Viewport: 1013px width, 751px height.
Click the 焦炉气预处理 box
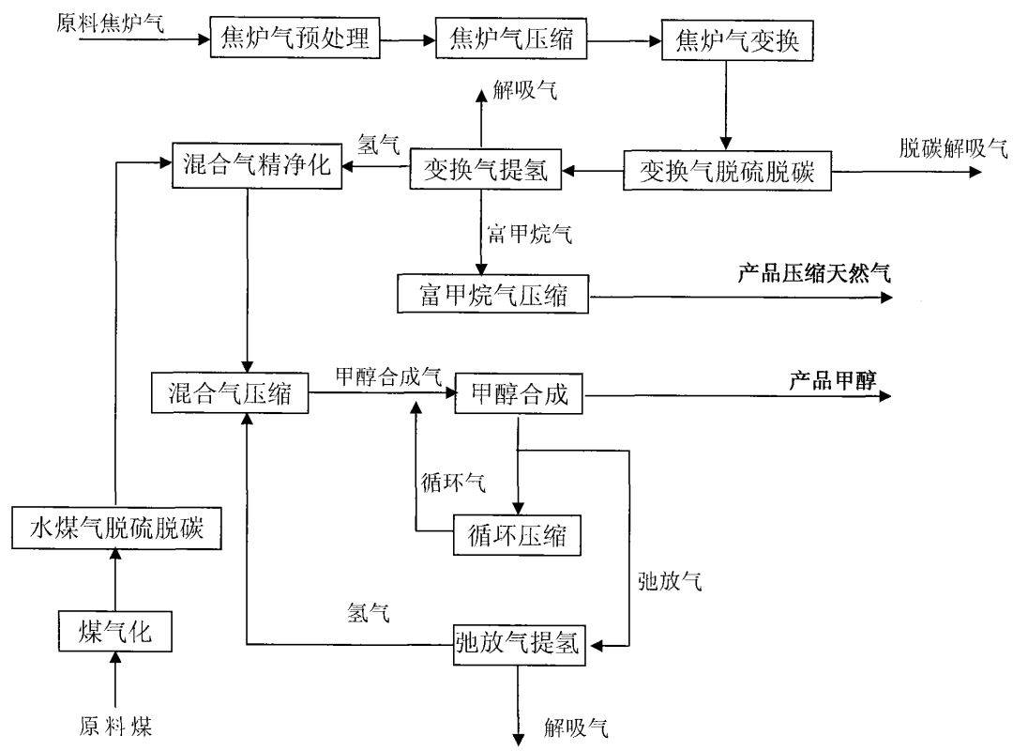tap(296, 39)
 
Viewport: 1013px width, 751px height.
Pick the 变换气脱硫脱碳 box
tap(727, 172)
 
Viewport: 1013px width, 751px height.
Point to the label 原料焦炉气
tap(110, 22)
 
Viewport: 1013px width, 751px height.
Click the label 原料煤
tap(115, 726)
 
